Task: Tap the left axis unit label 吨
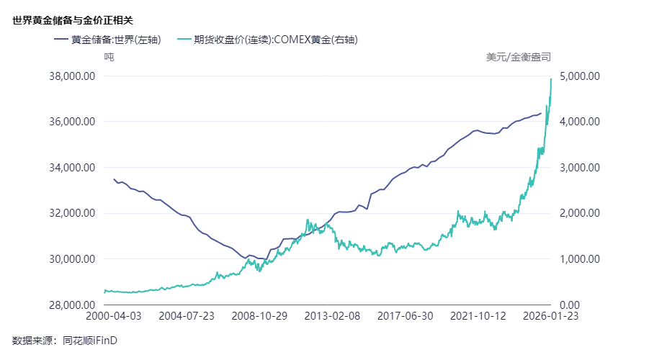coord(109,56)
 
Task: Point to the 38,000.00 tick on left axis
coord(72,76)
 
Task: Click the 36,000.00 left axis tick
coord(72,122)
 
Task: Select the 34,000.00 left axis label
coord(72,168)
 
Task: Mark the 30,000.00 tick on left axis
coord(72,259)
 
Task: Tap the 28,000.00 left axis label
coord(72,305)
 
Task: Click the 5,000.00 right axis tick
coord(580,76)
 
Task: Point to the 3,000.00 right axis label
coord(580,168)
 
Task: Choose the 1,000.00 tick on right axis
coord(580,259)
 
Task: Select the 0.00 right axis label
coord(571,305)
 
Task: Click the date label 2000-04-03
coord(114,315)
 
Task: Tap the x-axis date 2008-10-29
coord(259,315)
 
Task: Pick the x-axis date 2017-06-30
coord(405,315)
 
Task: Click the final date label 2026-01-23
coord(550,315)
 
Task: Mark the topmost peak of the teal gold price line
coord(551,79)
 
